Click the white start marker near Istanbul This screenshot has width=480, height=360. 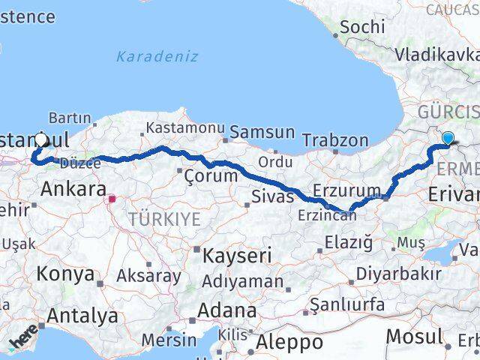click(41, 139)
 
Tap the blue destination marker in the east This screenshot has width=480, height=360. click(448, 138)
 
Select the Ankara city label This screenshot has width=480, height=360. click(72, 188)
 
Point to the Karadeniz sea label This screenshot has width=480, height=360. click(157, 56)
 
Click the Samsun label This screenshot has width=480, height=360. click(262, 132)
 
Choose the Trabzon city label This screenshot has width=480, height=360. click(335, 139)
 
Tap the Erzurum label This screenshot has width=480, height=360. click(342, 190)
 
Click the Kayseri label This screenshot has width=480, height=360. click(240, 255)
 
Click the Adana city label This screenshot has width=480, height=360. click(226, 310)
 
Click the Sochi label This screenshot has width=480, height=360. click(363, 27)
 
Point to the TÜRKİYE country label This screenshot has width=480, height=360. click(164, 219)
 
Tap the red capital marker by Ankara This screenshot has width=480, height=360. click(112, 199)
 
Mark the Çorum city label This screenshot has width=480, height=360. click(211, 176)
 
